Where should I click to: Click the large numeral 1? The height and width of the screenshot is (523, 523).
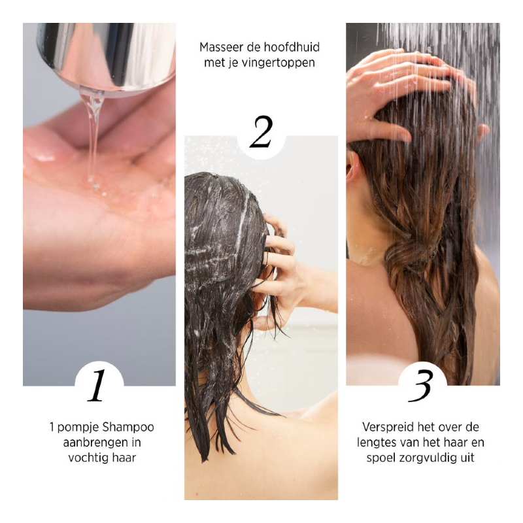coord(97,385)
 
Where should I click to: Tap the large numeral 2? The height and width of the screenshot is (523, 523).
coord(261,131)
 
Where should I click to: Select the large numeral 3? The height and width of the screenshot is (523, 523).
coord(420,386)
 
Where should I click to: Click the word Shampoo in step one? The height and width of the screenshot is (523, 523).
coord(128,428)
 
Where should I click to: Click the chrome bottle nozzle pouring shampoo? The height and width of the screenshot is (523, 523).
coord(107,57)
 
